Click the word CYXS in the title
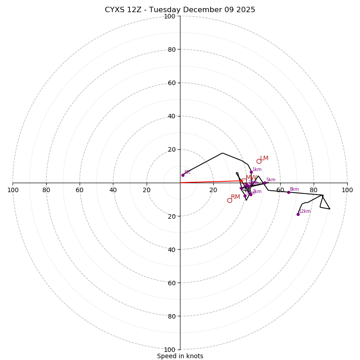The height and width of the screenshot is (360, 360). pyautogui.click(x=115, y=10)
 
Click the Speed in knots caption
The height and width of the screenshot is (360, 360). pyautogui.click(x=180, y=356)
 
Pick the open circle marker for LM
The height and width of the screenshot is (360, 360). pyautogui.click(x=259, y=161)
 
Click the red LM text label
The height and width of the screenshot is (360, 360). pyautogui.click(x=264, y=158)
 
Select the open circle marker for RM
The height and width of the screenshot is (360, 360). pyautogui.click(x=229, y=200)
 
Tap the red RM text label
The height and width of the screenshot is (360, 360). pyautogui.click(x=235, y=197)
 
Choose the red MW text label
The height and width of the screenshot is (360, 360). pyautogui.click(x=251, y=178)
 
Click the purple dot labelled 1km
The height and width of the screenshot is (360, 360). pyautogui.click(x=251, y=172)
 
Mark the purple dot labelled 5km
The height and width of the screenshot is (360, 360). pyautogui.click(x=265, y=183)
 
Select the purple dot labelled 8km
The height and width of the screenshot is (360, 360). pyautogui.click(x=288, y=192)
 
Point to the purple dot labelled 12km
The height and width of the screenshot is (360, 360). pyautogui.click(x=298, y=214)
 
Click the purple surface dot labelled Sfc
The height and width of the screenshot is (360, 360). pyautogui.click(x=183, y=175)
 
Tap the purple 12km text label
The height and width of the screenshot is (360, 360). pyautogui.click(x=305, y=211)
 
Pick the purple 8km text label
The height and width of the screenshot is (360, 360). pyautogui.click(x=294, y=189)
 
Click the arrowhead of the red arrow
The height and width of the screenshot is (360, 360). pyautogui.click(x=242, y=181)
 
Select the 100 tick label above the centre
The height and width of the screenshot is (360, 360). pyautogui.click(x=169, y=16)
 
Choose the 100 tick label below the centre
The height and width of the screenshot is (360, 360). pyautogui.click(x=169, y=350)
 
